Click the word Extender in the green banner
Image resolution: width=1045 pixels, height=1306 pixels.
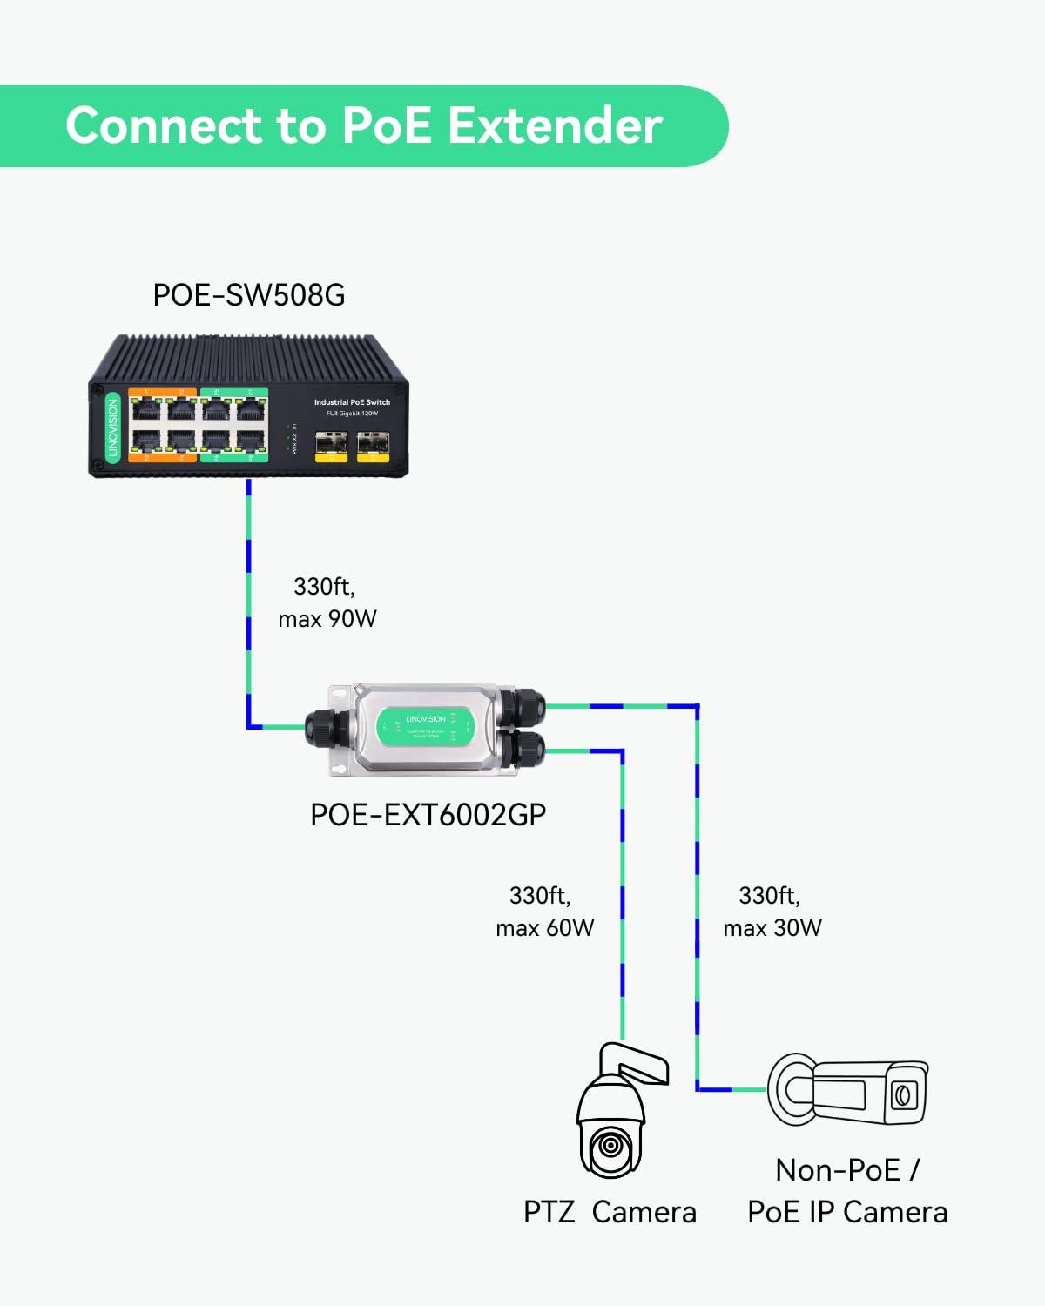[x=555, y=125]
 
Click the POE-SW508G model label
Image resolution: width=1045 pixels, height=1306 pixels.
[x=248, y=295]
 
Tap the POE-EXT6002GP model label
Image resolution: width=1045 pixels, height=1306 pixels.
[x=428, y=815]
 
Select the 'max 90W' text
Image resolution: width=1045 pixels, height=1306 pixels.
[x=327, y=619]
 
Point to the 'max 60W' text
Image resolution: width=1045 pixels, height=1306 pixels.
[x=545, y=928]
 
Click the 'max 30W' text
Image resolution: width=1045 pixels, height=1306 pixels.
[x=772, y=928]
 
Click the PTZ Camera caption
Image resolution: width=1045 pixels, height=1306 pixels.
[x=610, y=1212]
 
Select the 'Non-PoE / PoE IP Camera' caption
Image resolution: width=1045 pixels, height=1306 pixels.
[x=847, y=1191]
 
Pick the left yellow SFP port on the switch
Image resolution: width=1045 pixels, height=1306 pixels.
[x=330, y=447]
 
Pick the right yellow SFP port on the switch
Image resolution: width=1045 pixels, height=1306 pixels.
[x=373, y=447]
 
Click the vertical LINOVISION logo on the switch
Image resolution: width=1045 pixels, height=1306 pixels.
[x=112, y=427]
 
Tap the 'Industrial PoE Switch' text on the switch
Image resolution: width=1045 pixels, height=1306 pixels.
[x=352, y=402]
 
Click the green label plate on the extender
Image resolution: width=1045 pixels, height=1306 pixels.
[x=425, y=725]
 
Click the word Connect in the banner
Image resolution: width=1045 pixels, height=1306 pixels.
[x=163, y=125]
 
